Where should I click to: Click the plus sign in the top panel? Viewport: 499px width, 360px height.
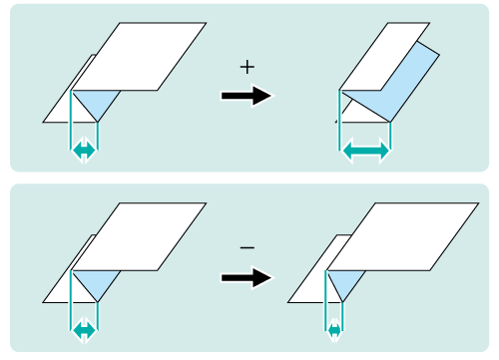pos(248,68)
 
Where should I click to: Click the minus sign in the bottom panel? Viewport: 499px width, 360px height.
pos(248,247)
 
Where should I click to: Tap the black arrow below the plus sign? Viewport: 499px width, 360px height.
pos(247,96)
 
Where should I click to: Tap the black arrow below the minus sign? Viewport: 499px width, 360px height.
pos(247,277)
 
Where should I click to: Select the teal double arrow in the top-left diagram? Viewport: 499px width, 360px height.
pos(84,151)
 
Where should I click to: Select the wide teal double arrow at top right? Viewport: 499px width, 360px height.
pos(365,151)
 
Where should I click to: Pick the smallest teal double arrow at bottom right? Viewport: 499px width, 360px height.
pos(334,331)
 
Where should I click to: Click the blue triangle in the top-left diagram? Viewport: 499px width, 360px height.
pos(97,102)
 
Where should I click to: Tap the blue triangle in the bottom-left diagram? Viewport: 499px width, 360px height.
pos(97,282)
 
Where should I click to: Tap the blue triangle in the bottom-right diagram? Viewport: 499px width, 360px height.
pos(346,282)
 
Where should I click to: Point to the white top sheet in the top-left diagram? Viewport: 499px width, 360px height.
pos(139,57)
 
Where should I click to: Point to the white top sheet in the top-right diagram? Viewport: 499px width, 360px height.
pos(384,57)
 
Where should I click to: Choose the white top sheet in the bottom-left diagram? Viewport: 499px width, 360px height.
pos(139,236)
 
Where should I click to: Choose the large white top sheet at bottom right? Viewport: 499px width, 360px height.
pos(403,236)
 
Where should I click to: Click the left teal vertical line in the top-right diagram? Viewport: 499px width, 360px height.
pos(339,120)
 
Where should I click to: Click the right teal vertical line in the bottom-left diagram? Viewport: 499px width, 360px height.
pos(97,316)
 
